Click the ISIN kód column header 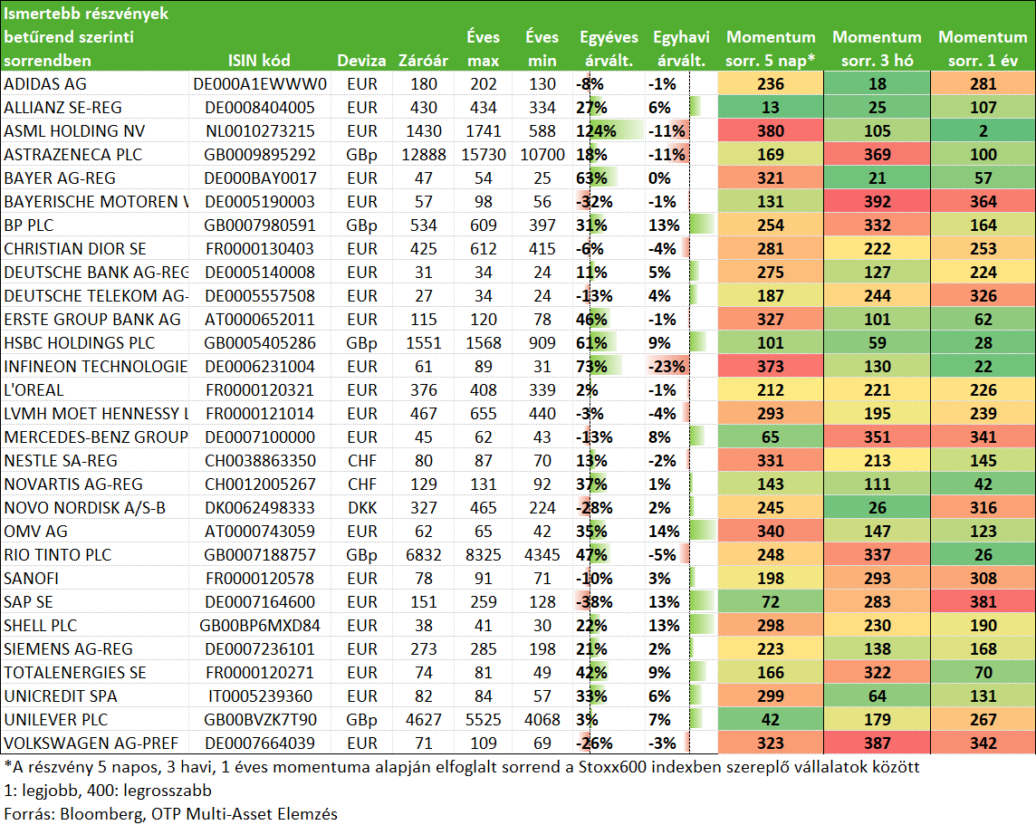click(259, 61)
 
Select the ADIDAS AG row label click(45, 84)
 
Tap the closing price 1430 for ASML click(424, 131)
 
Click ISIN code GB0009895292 click(260, 155)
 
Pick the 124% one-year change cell click(596, 131)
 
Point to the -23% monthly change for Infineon click(667, 367)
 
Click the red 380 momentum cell click(771, 131)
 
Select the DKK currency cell click(362, 508)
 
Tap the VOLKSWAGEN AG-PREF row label click(91, 743)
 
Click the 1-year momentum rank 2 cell click(983, 131)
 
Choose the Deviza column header click(361, 61)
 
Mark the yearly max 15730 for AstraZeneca click(484, 155)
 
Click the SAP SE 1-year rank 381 click(983, 602)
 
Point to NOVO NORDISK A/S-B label click(84, 508)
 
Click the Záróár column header click(423, 61)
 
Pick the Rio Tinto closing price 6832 click(424, 555)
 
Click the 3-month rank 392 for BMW click(877, 202)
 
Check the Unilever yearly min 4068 click(542, 720)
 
